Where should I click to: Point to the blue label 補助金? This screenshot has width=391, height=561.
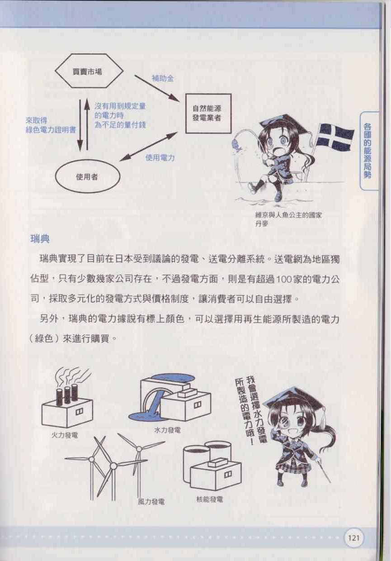point(163,79)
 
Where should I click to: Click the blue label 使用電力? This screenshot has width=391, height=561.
point(160,158)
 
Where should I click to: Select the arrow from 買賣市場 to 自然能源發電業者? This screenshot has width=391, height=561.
point(157,88)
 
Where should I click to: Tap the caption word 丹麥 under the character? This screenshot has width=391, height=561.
point(261,224)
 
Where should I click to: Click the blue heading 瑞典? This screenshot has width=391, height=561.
point(40,239)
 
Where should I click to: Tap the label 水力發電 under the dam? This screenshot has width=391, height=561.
point(167,431)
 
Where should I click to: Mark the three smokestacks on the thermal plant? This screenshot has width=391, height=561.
point(67,395)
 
